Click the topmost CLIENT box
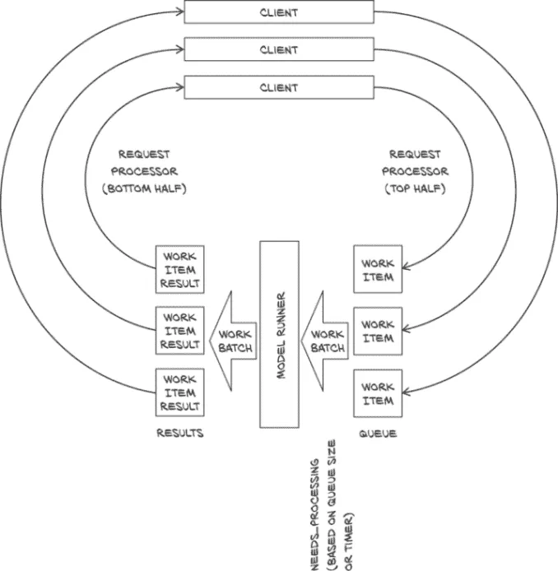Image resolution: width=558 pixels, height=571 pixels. click(279, 12)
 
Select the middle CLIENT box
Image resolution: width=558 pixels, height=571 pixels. click(279, 49)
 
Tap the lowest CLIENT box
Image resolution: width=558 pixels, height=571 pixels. click(279, 87)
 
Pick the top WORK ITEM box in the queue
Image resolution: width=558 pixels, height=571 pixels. click(378, 270)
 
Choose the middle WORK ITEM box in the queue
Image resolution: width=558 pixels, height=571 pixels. click(378, 331)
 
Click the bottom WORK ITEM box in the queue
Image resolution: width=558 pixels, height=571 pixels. click(378, 393)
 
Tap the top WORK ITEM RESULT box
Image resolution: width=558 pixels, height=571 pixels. click(180, 268)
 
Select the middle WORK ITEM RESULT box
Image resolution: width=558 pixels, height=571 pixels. click(180, 330)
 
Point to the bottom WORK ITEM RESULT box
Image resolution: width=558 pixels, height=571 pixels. click(180, 392)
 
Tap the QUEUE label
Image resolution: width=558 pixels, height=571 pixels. click(378, 433)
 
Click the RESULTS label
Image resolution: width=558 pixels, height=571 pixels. click(180, 433)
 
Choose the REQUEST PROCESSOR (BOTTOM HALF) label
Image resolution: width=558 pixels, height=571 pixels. click(153, 171)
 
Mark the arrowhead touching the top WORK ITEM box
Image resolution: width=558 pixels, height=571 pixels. click(407, 265)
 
